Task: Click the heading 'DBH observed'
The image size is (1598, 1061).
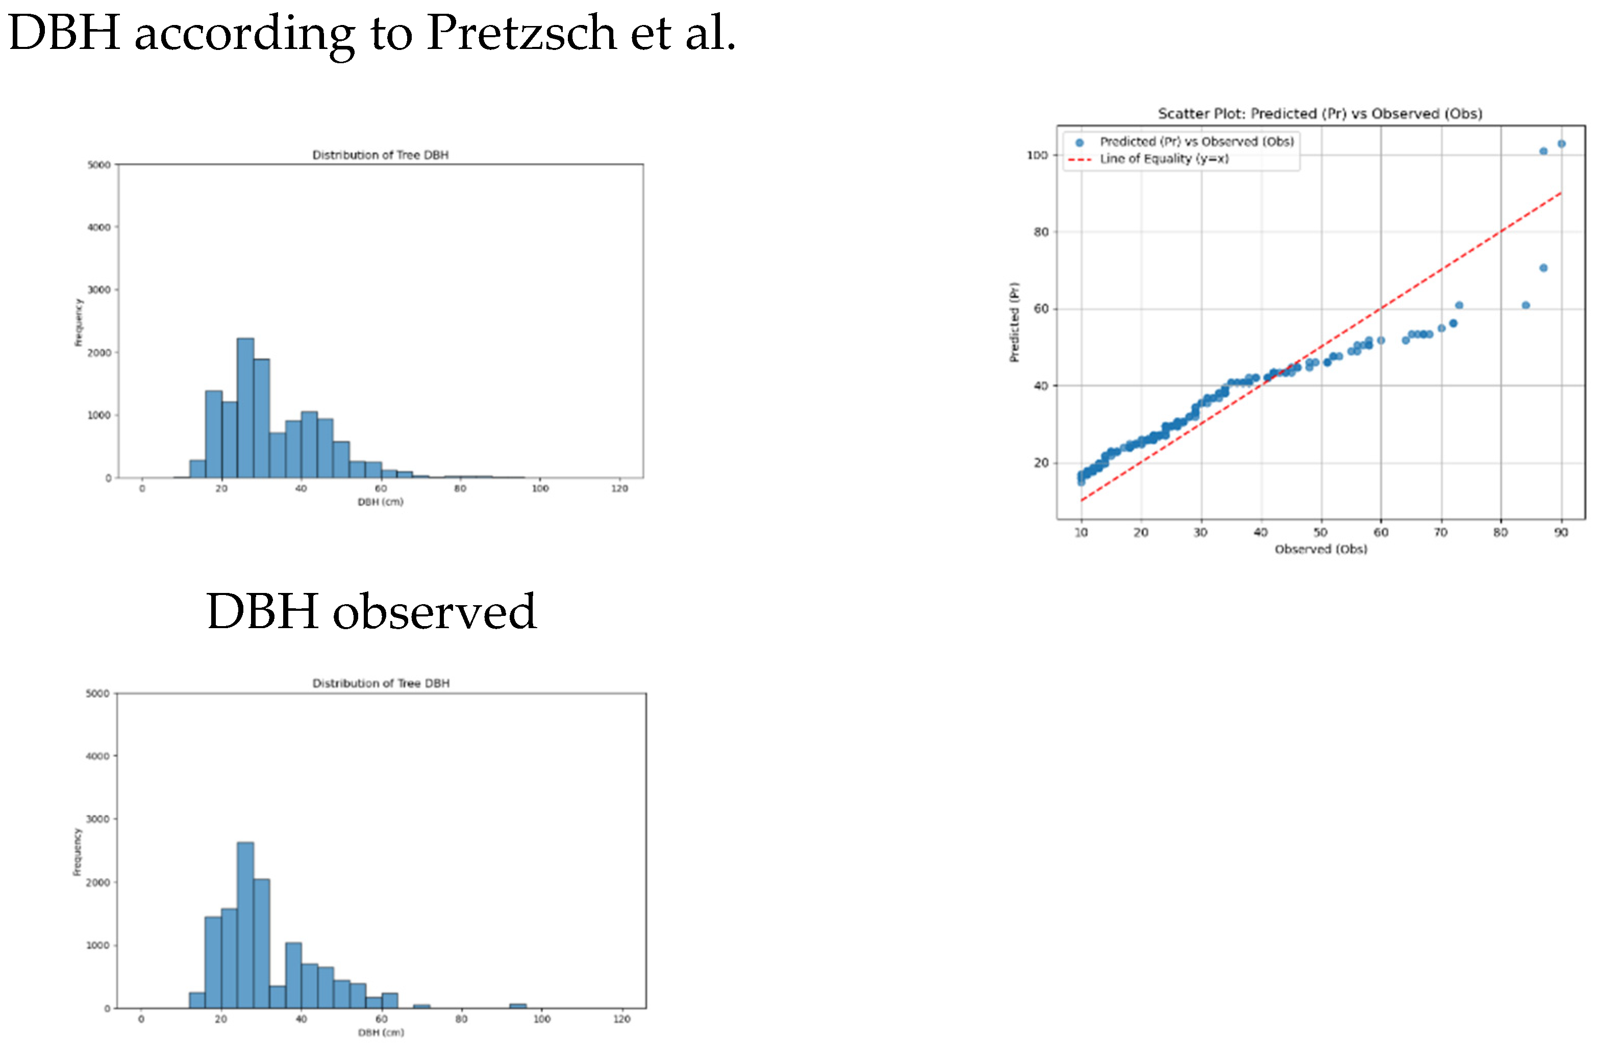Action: [371, 611]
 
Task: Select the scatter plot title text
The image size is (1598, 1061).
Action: [1320, 114]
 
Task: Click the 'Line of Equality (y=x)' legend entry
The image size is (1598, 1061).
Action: [1163, 159]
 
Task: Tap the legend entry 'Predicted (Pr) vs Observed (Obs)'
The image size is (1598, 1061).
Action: [1196, 141]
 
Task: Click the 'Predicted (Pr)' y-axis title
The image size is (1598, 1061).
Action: [1014, 321]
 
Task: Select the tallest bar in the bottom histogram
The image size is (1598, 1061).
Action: [245, 924]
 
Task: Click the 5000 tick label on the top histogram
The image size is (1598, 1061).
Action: [99, 165]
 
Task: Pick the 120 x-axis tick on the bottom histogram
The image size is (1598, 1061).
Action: [621, 1019]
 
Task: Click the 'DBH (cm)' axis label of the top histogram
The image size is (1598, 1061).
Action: [381, 502]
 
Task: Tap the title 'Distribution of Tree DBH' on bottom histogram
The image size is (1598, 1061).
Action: [381, 683]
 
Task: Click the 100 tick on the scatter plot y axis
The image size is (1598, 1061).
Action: [1037, 156]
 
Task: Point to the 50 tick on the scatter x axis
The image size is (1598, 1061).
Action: [1320, 532]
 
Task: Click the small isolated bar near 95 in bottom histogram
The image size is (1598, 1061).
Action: [518, 1005]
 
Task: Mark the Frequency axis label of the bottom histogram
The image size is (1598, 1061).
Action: [77, 851]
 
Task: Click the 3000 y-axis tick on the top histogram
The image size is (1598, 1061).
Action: [99, 290]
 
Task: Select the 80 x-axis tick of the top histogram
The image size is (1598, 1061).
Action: [460, 488]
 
